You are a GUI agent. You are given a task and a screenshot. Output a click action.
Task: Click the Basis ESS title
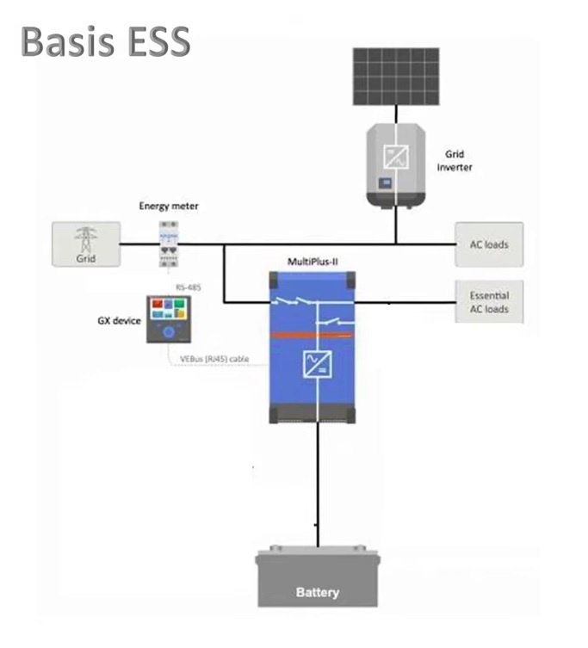coord(105,41)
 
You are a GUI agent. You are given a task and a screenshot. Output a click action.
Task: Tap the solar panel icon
coord(395,76)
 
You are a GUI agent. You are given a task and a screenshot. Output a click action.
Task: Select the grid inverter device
coord(396,166)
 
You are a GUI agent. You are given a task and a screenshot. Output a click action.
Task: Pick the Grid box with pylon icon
coord(85,244)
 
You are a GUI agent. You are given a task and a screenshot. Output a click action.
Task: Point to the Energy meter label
coord(168,207)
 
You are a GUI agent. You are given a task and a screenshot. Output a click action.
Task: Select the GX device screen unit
coord(168,318)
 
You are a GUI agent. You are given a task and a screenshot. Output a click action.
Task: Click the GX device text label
coord(118,320)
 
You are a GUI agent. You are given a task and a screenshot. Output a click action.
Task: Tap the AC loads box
coord(489,244)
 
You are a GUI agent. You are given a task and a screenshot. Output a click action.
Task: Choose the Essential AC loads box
coord(489,302)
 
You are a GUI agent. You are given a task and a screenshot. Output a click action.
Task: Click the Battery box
coord(318,579)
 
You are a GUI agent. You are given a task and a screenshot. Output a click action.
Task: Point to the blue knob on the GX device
coord(168,331)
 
